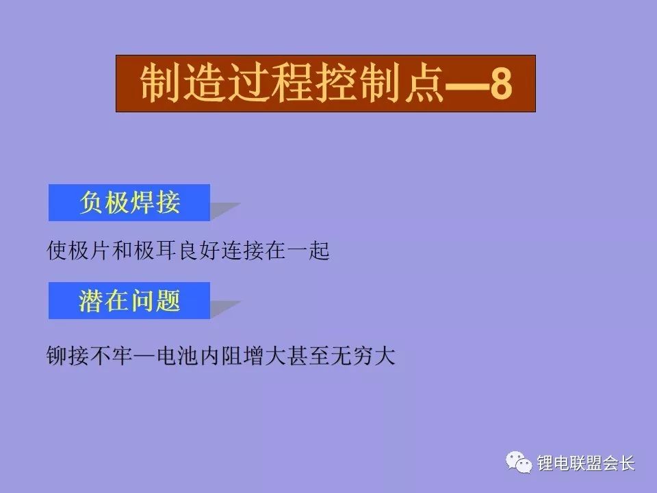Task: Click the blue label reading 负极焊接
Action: pyautogui.click(x=129, y=203)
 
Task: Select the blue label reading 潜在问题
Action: pyautogui.click(x=129, y=301)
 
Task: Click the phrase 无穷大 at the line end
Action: pyautogui.click(x=363, y=356)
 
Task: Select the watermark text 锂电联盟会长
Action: pyautogui.click(x=587, y=464)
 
